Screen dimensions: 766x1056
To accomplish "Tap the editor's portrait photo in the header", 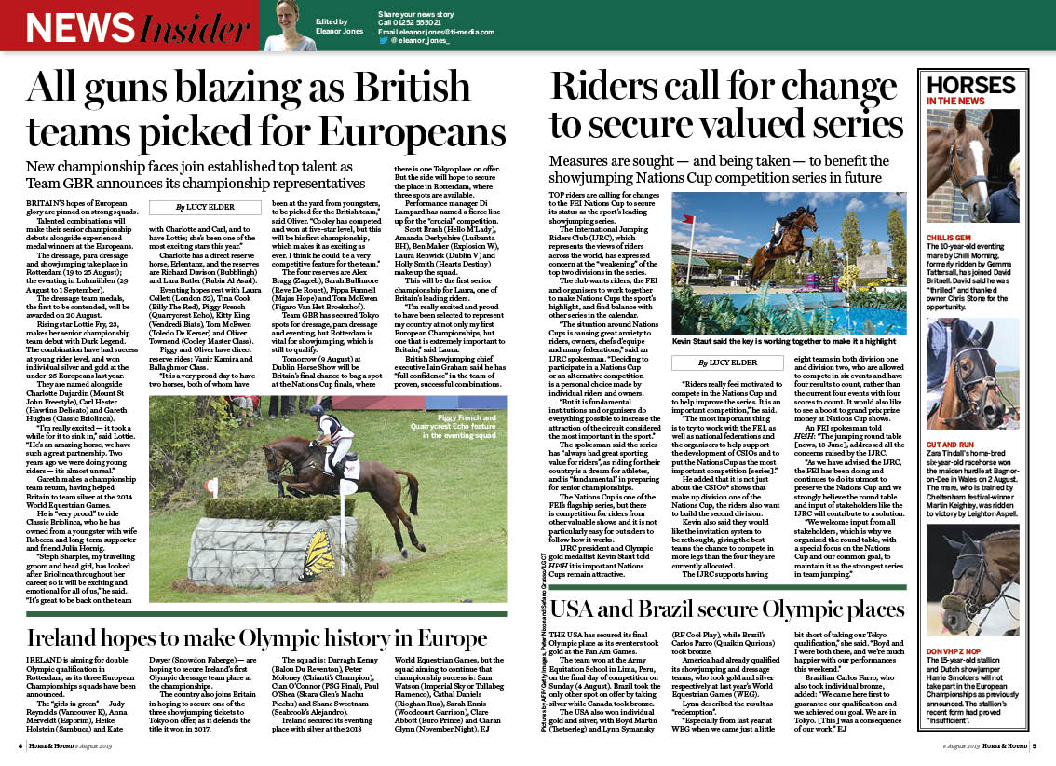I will click(290, 25).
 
